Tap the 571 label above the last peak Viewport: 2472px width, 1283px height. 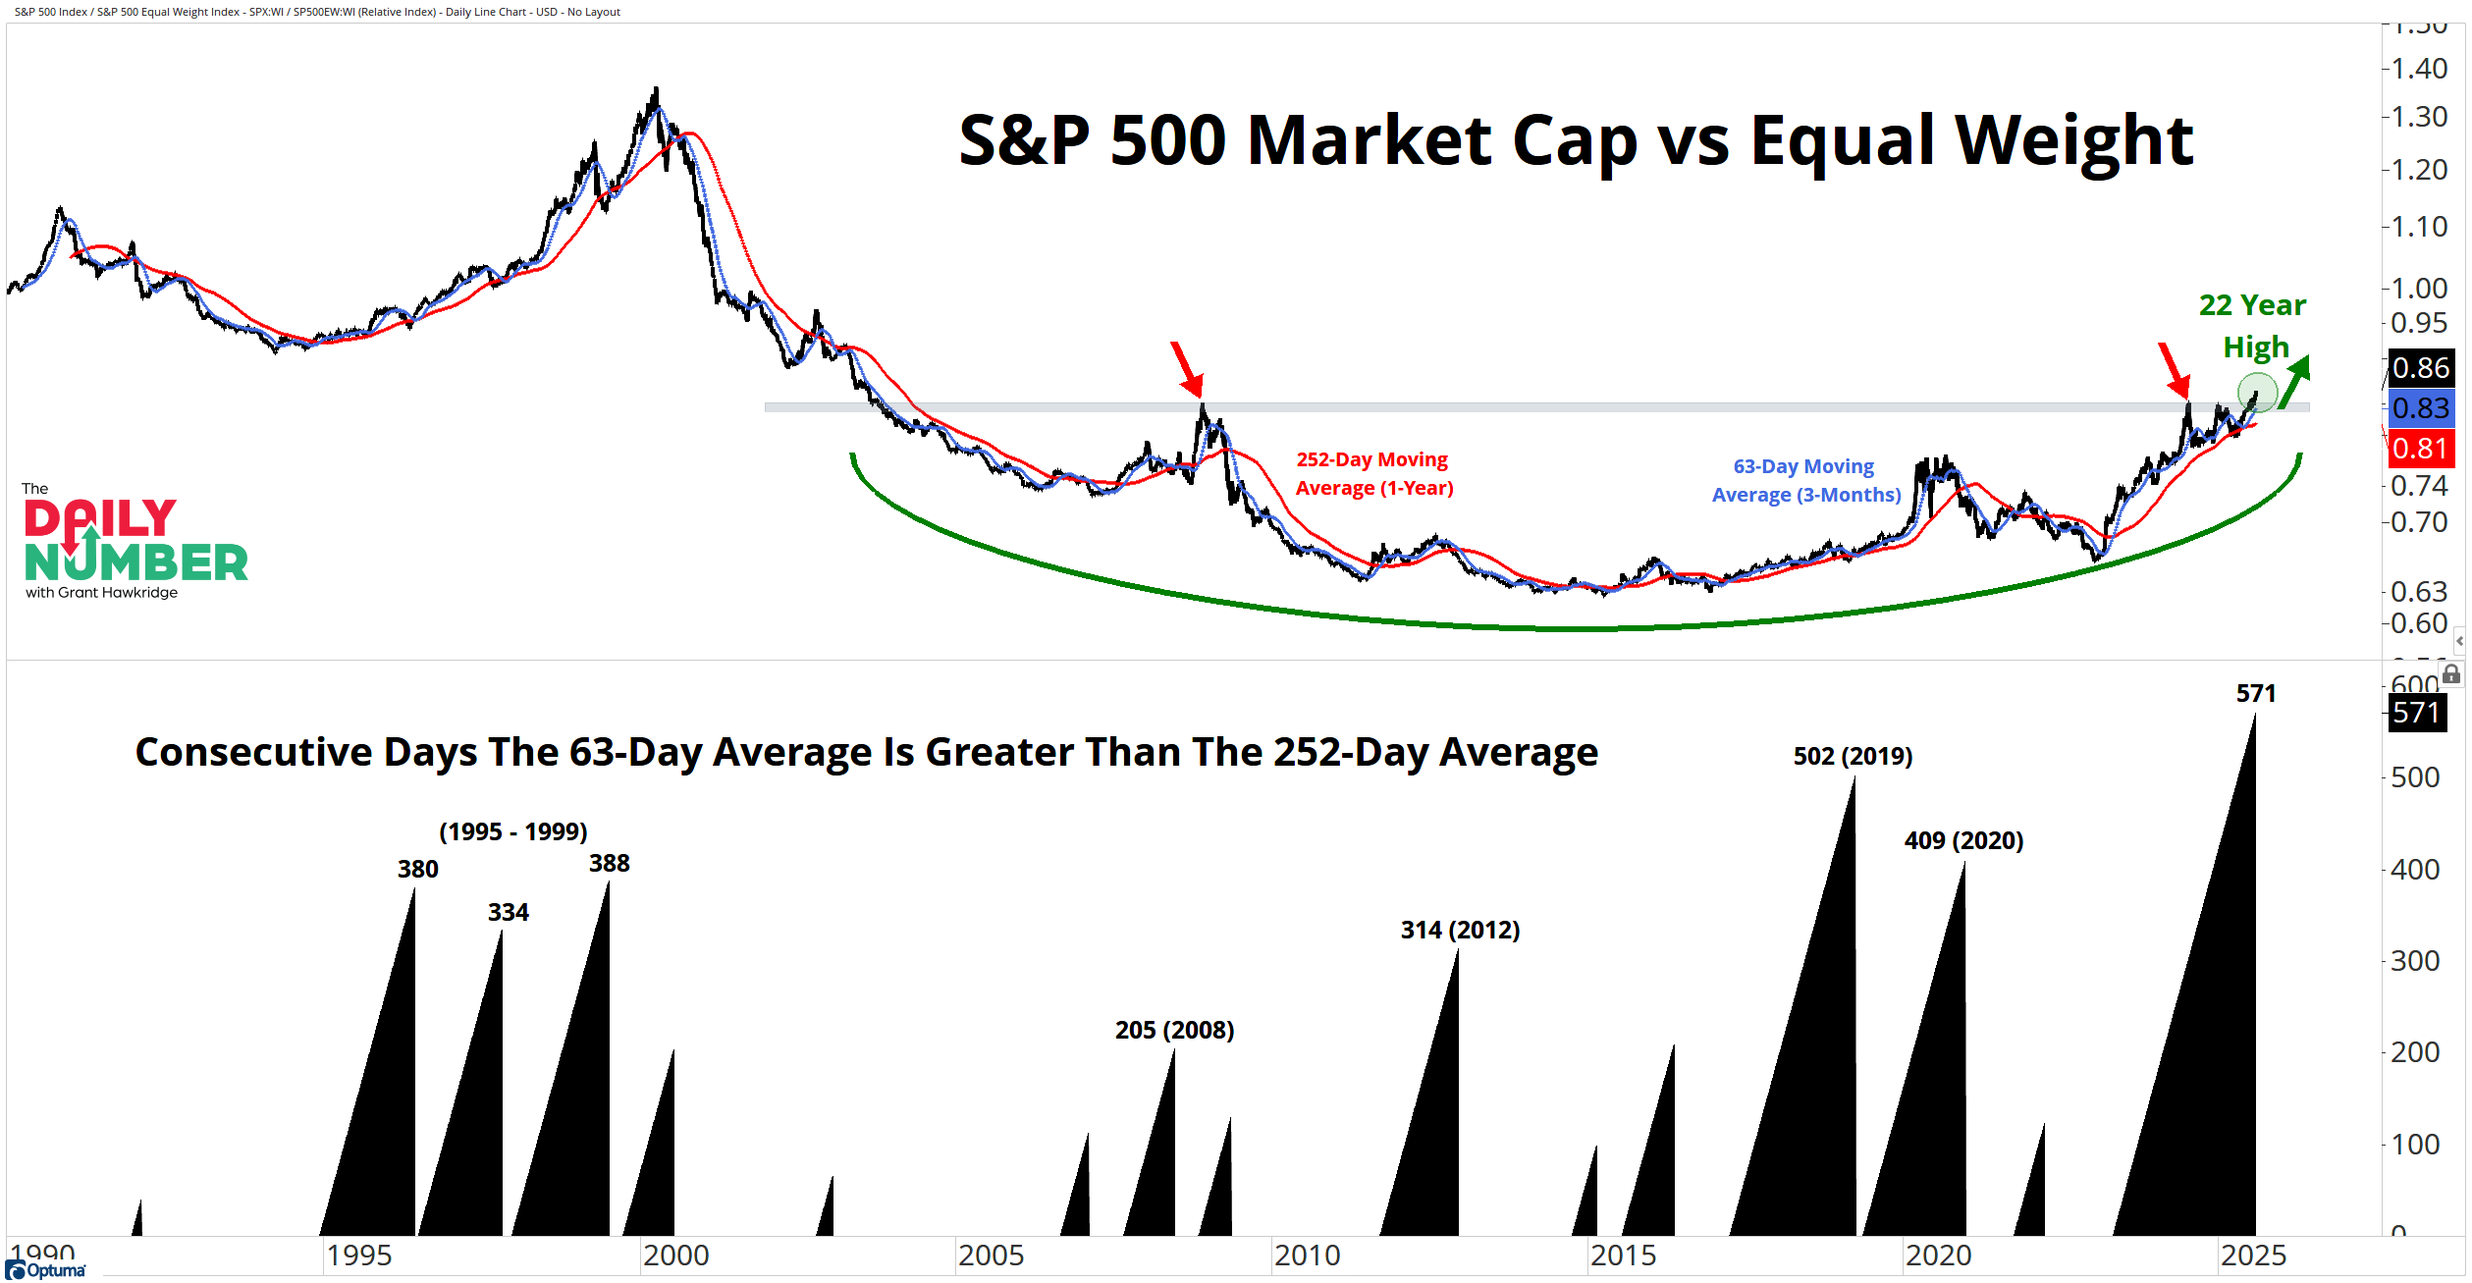(x=2255, y=694)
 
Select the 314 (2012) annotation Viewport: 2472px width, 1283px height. (x=1460, y=931)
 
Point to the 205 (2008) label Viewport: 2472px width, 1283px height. (x=1174, y=1031)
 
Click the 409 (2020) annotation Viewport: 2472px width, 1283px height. (x=1963, y=841)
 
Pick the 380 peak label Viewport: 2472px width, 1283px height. (x=417, y=870)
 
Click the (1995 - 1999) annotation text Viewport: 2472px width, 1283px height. (x=512, y=832)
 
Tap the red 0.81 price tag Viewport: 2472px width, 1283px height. (x=2420, y=450)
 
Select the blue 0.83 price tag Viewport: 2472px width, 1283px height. (x=2420, y=408)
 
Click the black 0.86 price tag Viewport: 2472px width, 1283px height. (x=2420, y=368)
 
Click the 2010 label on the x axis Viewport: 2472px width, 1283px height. (x=1307, y=1256)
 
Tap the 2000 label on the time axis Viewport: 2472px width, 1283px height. (x=675, y=1256)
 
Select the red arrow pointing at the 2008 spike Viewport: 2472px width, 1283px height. (x=1187, y=369)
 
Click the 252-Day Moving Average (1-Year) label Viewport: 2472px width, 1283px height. (x=1373, y=474)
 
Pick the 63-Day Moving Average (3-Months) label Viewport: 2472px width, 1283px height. (x=1805, y=481)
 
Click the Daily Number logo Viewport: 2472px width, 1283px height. (x=134, y=543)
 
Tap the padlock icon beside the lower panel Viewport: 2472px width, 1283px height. (x=2451, y=674)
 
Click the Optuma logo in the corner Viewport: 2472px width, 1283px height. (x=46, y=1270)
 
